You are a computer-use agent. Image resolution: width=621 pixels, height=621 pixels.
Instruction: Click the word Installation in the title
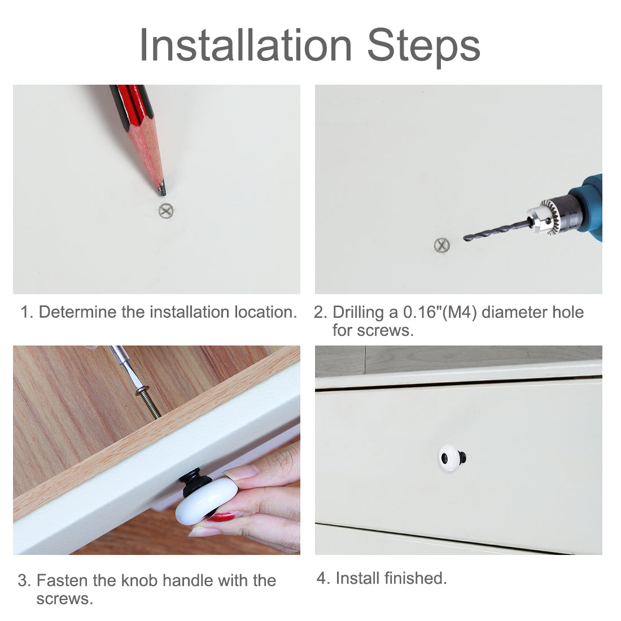pos(246,46)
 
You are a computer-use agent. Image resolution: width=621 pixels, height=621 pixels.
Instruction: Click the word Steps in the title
pos(423,47)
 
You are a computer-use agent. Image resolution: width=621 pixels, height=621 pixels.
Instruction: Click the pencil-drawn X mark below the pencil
pos(166,211)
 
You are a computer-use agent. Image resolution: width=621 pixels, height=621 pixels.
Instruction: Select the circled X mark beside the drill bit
pos(441,245)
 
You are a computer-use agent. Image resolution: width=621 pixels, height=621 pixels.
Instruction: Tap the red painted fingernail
pos(222,516)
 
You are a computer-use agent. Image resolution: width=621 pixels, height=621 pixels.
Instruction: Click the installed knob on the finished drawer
pos(452,458)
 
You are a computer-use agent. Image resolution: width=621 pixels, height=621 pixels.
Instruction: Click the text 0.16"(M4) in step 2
pos(440,312)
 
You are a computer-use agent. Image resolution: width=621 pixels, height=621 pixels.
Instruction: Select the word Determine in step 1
pos(78,312)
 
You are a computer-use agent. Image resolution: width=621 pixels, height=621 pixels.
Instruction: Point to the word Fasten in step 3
pos(63,580)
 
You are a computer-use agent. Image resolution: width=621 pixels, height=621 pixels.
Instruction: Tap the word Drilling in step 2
pos(358,313)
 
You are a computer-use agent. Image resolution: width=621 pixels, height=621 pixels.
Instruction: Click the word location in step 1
pos(265,312)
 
